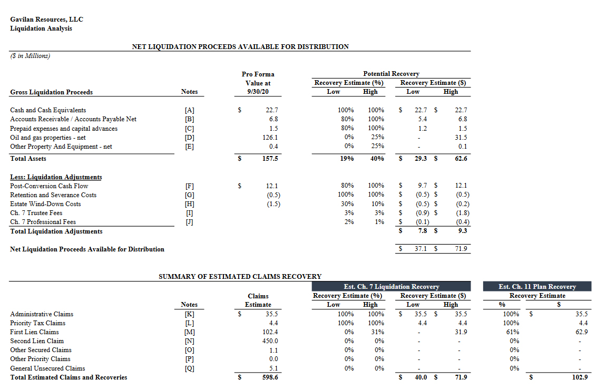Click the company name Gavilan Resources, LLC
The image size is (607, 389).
click(46, 20)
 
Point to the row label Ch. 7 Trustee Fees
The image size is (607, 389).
click(36, 213)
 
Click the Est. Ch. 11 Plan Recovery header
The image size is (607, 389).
click(537, 287)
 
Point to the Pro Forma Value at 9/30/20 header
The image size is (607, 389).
click(258, 83)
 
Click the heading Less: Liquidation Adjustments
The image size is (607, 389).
click(56, 177)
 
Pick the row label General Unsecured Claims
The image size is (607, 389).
click(47, 368)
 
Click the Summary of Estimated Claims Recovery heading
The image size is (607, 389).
click(240, 276)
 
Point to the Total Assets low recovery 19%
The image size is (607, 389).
click(346, 159)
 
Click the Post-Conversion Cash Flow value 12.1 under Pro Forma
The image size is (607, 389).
click(272, 186)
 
